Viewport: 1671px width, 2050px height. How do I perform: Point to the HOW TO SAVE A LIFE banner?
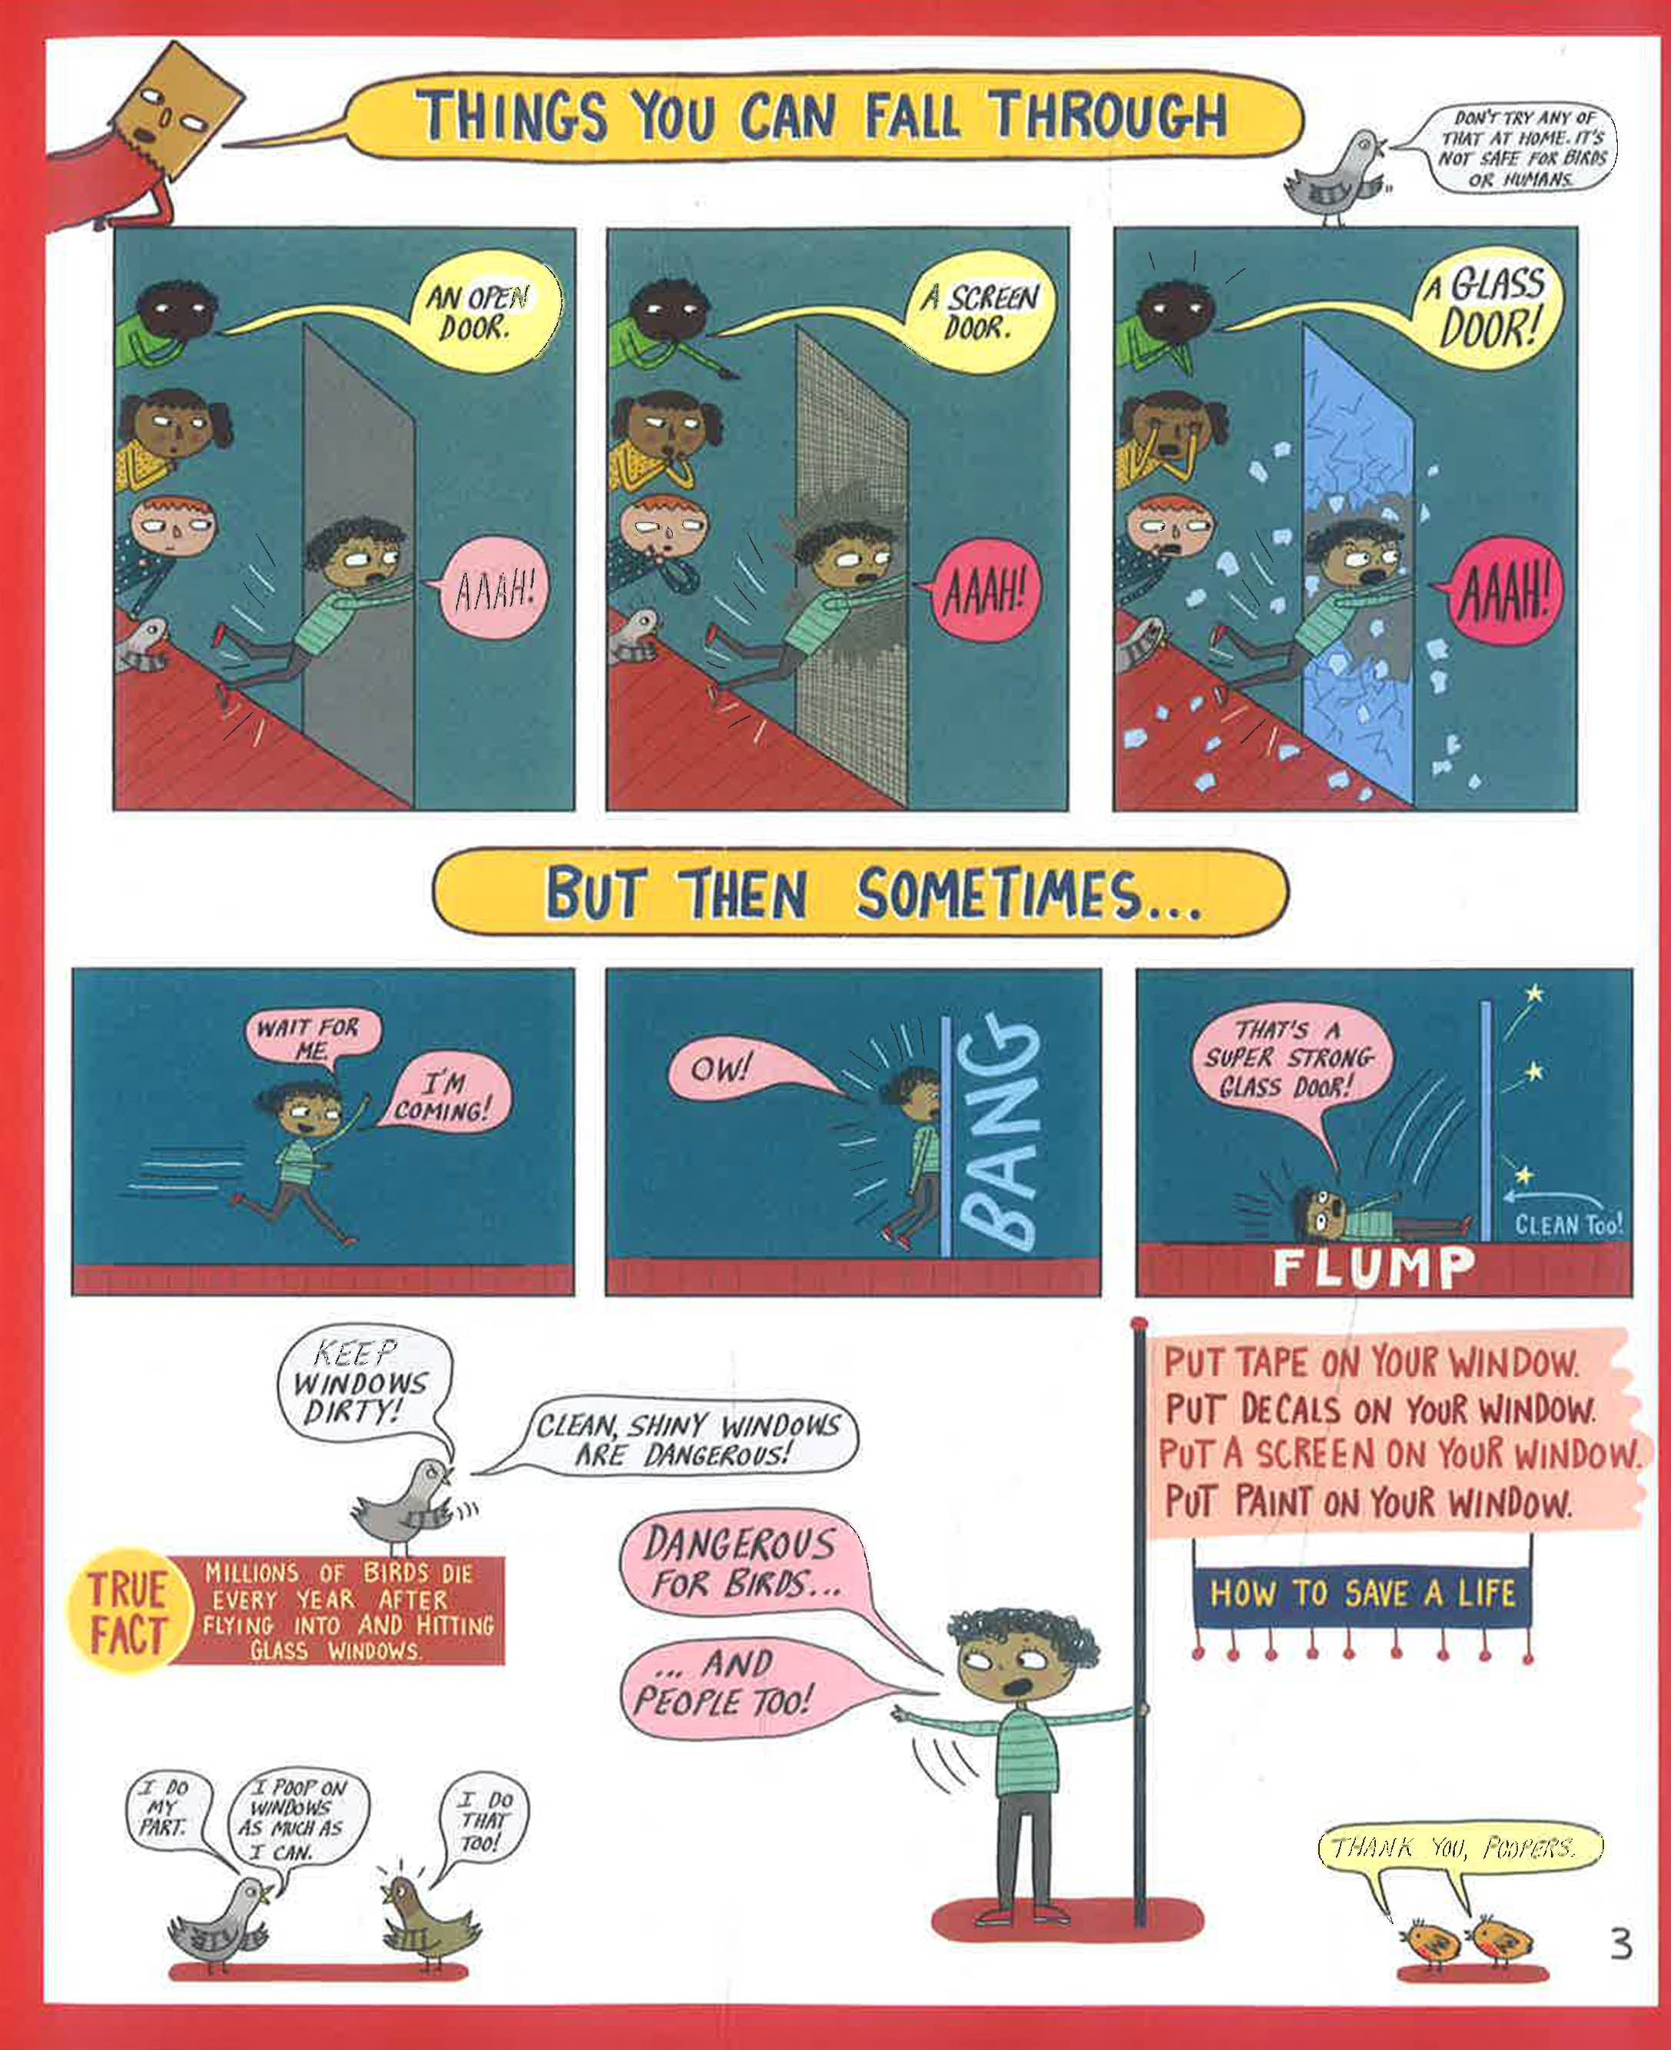pyautogui.click(x=1363, y=1593)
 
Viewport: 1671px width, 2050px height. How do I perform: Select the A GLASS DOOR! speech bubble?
pyautogui.click(x=1485, y=306)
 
